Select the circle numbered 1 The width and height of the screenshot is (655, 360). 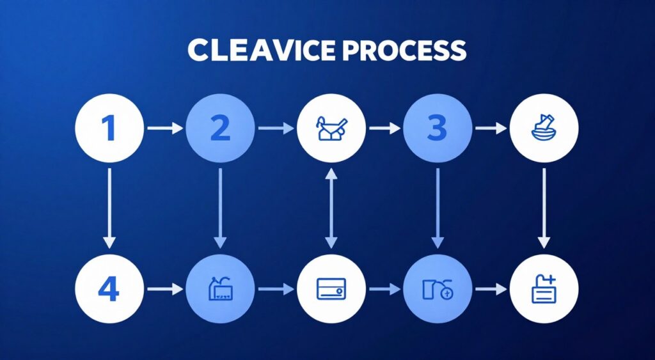[109, 129]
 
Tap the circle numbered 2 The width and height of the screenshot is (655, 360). [219, 129]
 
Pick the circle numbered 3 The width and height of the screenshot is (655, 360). [437, 129]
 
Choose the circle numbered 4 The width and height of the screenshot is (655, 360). [109, 290]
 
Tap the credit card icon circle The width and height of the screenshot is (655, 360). [331, 290]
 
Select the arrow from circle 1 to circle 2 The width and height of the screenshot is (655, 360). [164, 129]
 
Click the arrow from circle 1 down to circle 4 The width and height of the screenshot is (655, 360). [109, 207]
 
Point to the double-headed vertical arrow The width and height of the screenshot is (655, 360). [331, 207]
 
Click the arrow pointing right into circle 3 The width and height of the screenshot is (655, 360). [384, 129]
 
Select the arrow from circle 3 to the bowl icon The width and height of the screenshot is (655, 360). [491, 129]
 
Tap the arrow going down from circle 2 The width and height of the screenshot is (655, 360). [220, 207]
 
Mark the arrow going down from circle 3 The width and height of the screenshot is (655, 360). [438, 207]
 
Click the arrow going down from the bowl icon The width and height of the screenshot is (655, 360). [544, 207]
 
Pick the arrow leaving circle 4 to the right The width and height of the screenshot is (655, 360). [164, 290]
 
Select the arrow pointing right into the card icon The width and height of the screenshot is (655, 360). [275, 290]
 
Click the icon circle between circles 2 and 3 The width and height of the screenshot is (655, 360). [331, 129]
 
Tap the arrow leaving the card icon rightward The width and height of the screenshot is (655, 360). [384, 290]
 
